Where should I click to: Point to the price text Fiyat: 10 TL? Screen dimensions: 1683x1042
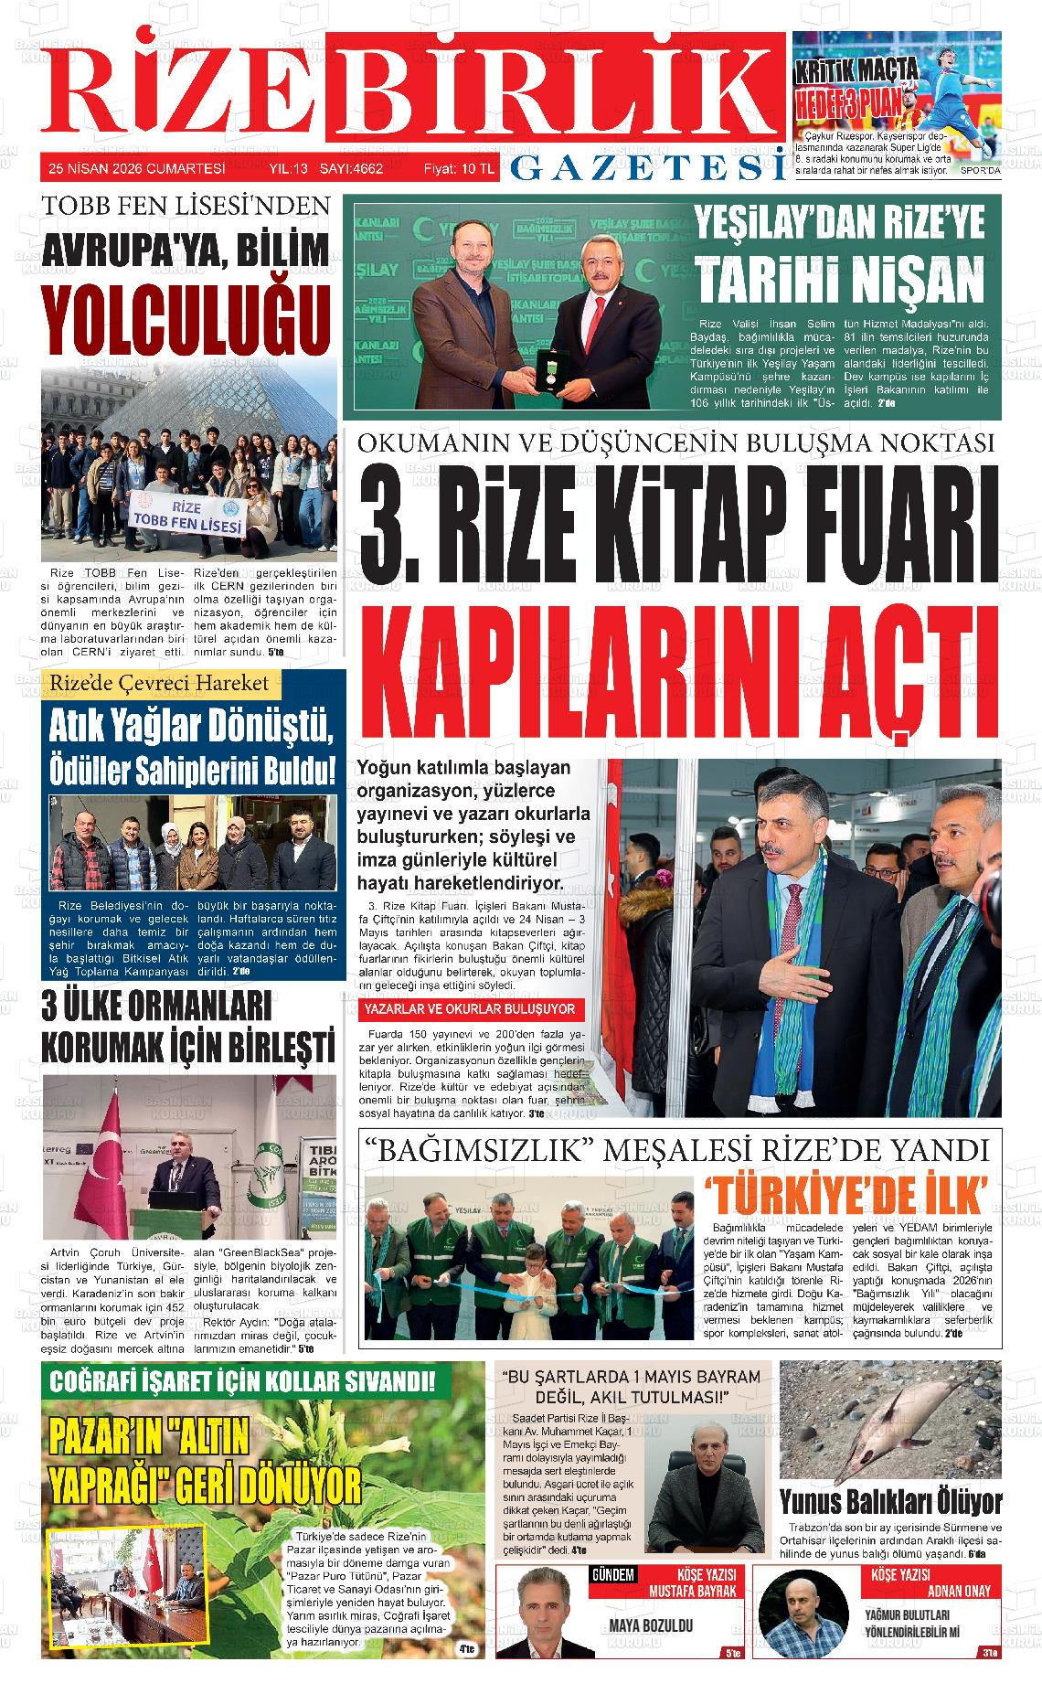(x=458, y=168)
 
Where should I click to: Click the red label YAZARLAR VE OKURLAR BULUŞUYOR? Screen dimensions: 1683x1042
(x=470, y=1009)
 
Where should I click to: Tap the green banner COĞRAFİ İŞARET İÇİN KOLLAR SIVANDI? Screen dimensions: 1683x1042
(x=243, y=1380)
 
